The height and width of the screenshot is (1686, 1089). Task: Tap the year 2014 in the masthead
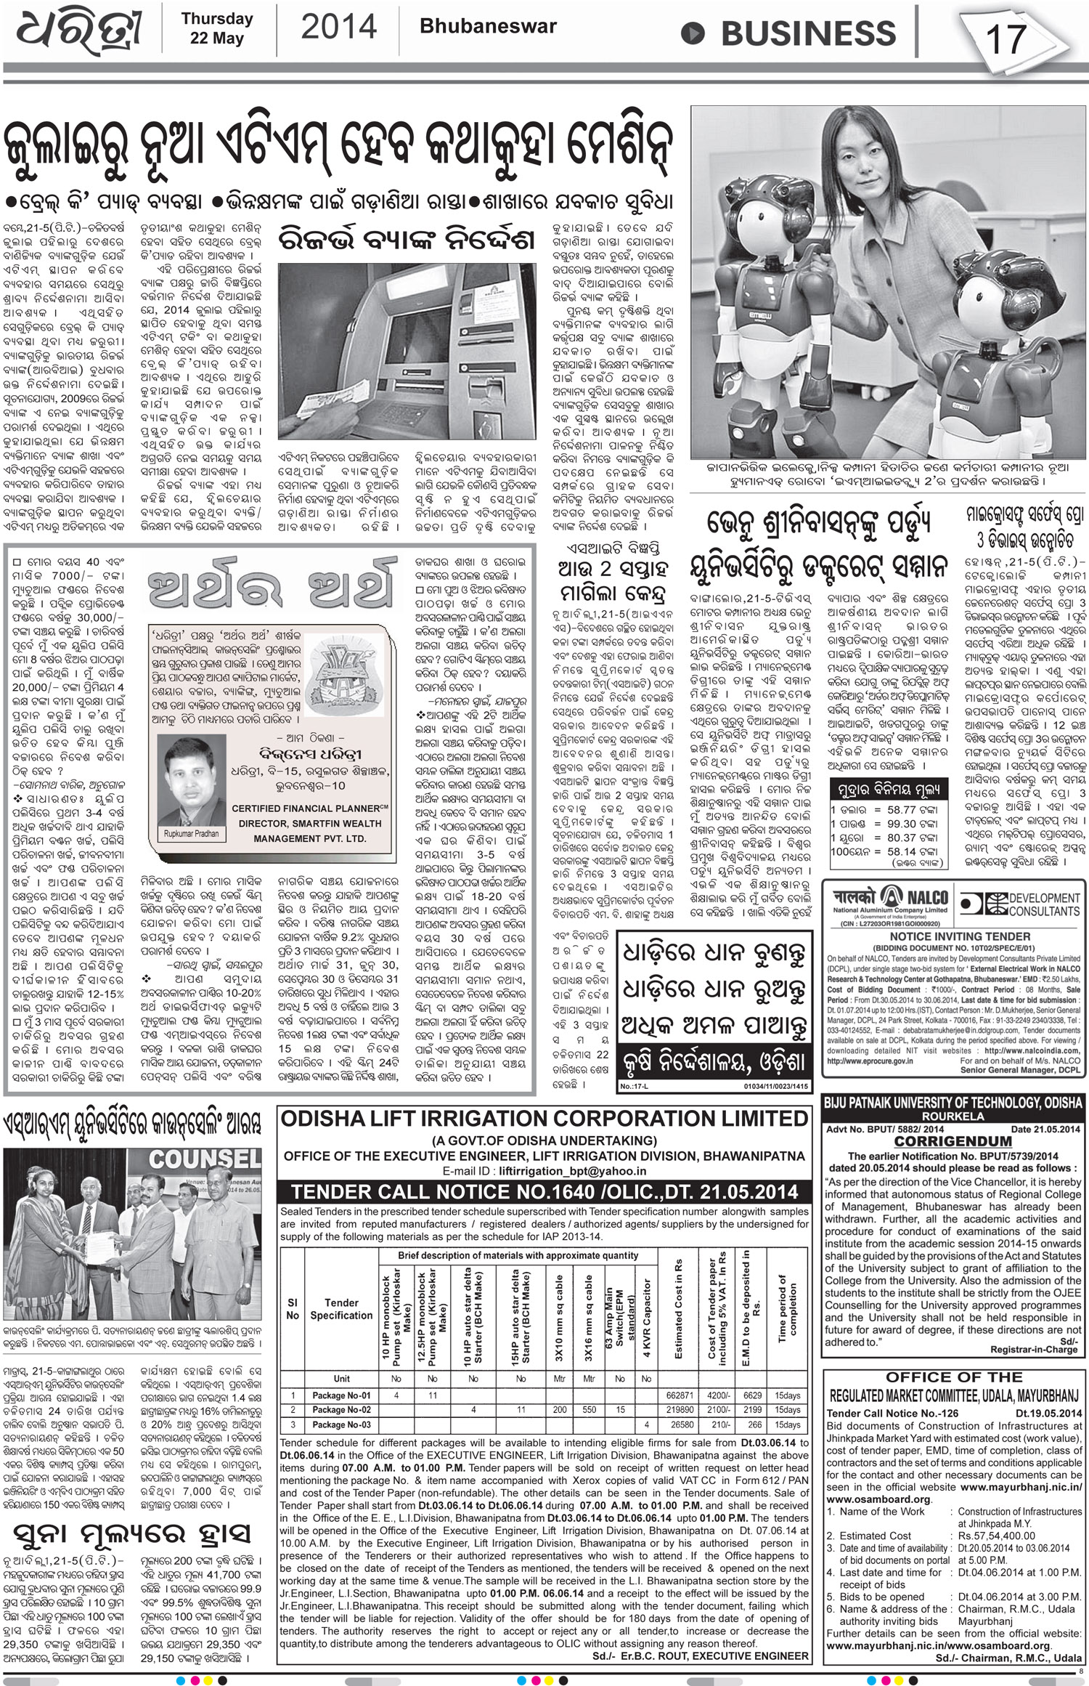click(x=338, y=27)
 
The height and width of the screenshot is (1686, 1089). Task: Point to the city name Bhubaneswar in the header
click(x=488, y=26)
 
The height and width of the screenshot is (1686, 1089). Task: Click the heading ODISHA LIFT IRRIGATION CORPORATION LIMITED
click(x=544, y=1119)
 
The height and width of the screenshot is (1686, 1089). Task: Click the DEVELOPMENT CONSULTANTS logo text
click(x=1044, y=904)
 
